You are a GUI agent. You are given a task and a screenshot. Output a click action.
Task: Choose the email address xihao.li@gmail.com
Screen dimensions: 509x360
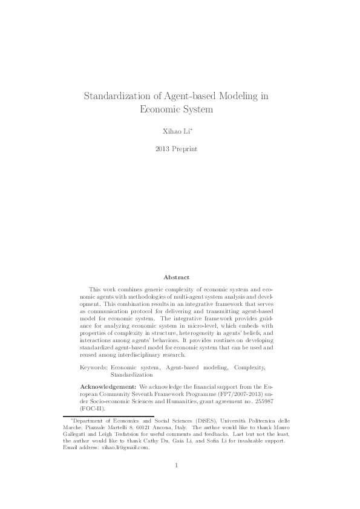124,448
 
